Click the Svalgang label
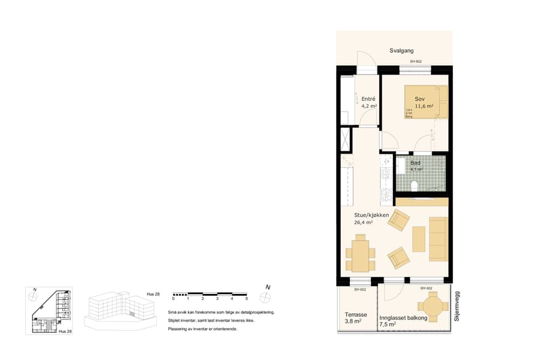401,51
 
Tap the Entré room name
368,99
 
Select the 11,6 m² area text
424,106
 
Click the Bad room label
415,163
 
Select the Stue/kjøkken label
371,215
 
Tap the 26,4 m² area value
364,223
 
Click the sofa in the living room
439,239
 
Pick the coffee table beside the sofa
418,239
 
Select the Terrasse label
356,314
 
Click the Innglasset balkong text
403,318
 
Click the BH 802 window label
416,62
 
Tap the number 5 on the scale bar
247,299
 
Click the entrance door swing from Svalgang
366,59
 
